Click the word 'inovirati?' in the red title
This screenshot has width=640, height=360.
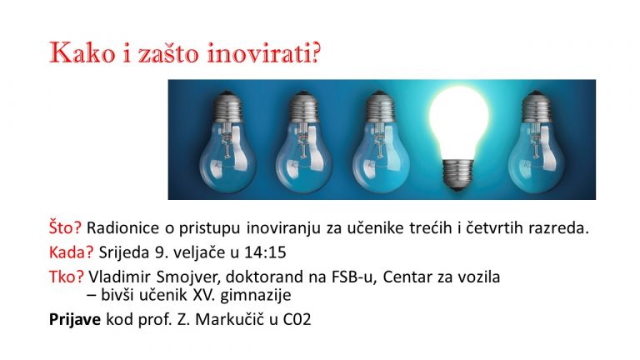[x=263, y=53]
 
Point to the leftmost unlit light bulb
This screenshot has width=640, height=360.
[x=227, y=142]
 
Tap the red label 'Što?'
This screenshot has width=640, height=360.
[x=65, y=227]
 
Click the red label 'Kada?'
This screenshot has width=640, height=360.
[x=72, y=252]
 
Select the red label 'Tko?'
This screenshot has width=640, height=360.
[x=67, y=277]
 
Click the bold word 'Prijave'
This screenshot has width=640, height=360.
[x=75, y=319]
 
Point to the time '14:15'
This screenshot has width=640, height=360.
[x=265, y=252]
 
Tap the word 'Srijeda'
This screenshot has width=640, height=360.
[x=124, y=252]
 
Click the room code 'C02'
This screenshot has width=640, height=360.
[x=297, y=319]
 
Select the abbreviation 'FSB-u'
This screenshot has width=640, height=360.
[x=352, y=277]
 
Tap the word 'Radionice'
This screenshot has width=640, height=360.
[x=122, y=227]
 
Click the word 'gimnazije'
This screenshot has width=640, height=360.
[x=256, y=296]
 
